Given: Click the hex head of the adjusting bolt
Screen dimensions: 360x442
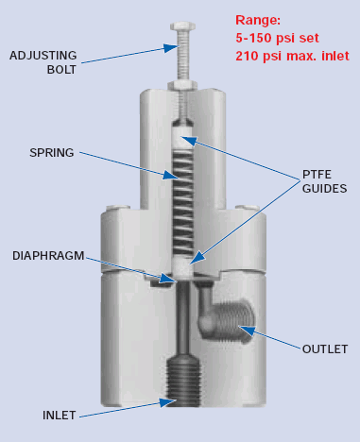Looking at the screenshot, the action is click(182, 26).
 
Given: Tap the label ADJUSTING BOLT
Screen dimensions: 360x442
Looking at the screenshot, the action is click(43, 62).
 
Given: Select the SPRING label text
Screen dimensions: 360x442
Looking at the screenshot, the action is click(52, 153).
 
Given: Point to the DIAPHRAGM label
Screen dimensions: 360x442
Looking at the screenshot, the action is click(48, 256).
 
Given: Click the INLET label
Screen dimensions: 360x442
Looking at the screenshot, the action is click(60, 416).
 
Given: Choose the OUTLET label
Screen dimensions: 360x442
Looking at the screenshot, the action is click(325, 349).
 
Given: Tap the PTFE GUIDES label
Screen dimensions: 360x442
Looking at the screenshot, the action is click(324, 181).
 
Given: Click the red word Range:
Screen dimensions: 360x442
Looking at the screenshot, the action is click(258, 21).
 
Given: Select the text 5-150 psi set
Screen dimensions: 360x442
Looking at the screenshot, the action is click(277, 38).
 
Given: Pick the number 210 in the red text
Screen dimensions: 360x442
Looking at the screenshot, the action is click(248, 56).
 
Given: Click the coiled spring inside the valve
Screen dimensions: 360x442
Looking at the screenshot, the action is click(182, 202).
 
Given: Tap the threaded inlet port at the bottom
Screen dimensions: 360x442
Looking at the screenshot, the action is click(183, 381).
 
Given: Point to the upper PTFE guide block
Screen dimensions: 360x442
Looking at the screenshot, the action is click(182, 138).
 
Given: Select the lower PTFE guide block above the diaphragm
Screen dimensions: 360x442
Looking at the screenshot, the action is click(182, 266).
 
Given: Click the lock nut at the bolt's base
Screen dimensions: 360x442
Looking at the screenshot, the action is click(182, 85).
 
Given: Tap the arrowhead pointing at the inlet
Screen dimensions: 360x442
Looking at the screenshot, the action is click(167, 402).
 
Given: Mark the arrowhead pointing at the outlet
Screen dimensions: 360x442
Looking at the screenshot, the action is click(247, 331).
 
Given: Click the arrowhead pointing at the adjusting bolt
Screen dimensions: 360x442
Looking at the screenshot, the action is click(170, 48).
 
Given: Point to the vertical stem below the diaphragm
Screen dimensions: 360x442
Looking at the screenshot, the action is click(182, 318).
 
